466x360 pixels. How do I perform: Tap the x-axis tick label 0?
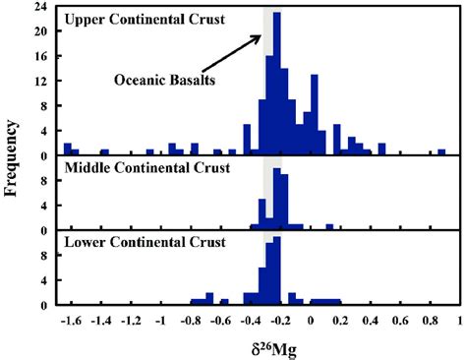[311, 321]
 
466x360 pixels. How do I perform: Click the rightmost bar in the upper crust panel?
[441, 151]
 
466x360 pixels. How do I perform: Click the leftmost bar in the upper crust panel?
[67, 150]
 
